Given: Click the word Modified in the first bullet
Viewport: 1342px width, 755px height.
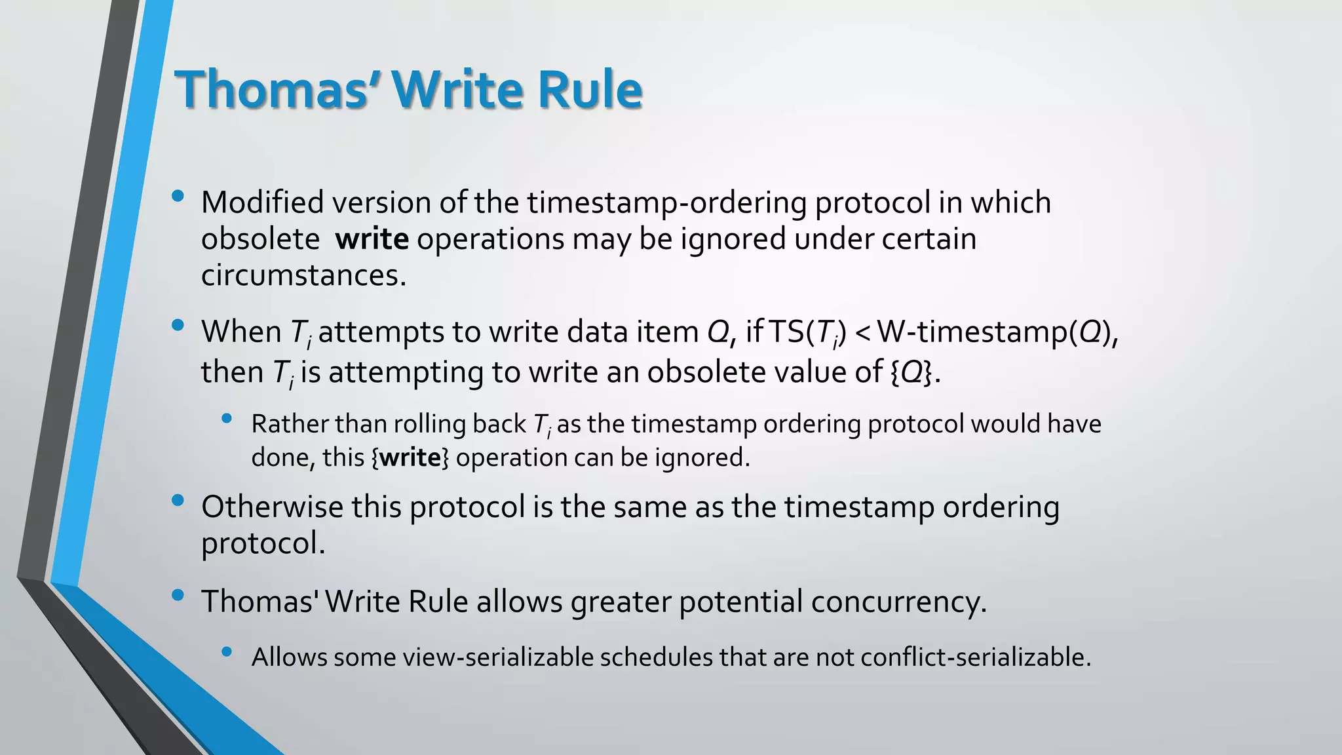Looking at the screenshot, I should coord(262,202).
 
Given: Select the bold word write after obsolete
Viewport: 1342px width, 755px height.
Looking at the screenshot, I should coord(372,239).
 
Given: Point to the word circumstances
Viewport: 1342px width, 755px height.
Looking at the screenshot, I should coord(303,275).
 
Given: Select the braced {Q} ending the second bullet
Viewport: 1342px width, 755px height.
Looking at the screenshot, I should coord(915,372).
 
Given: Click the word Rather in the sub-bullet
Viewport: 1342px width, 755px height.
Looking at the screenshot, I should coord(290,424).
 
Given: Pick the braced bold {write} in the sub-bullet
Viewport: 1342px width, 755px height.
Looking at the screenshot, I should coord(410,457).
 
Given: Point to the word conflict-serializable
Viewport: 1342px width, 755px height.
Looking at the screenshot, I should coord(975,657).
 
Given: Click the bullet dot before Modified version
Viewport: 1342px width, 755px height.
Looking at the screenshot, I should coord(177,196).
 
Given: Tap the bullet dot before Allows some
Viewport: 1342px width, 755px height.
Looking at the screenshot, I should coord(227,651).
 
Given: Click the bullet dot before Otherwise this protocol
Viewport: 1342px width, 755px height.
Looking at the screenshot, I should coord(177,501).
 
